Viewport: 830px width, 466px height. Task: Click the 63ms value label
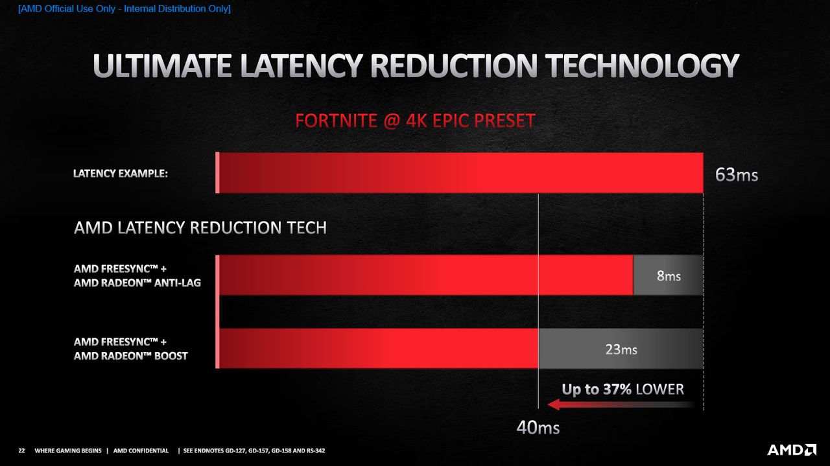tap(736, 174)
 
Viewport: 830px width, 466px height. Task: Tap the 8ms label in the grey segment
tap(669, 275)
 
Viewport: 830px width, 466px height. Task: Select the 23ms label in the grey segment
tap(621, 349)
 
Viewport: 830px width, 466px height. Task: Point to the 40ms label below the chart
tap(538, 427)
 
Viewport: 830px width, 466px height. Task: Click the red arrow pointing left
tap(621, 404)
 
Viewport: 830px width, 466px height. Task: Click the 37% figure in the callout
tap(617, 389)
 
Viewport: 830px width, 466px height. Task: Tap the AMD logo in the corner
tap(792, 450)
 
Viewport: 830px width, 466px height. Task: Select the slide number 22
tap(21, 450)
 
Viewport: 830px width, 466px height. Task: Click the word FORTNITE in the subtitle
tap(336, 121)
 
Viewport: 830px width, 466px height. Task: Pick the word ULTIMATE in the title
tap(162, 65)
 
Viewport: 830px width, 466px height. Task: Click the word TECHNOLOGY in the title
tap(642, 65)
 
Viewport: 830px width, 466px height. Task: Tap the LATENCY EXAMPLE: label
tap(121, 173)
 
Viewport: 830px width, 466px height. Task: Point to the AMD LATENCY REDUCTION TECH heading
tap(200, 227)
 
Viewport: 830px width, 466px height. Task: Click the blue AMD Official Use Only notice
tap(124, 8)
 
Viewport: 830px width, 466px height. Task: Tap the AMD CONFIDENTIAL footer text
tap(141, 450)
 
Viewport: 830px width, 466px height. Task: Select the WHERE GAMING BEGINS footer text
tap(68, 450)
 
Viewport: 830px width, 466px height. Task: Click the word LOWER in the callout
tap(660, 389)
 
